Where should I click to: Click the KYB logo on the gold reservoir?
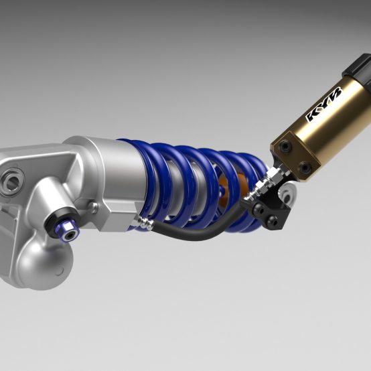coord(324,104)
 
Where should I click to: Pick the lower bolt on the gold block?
coord(305,167)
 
